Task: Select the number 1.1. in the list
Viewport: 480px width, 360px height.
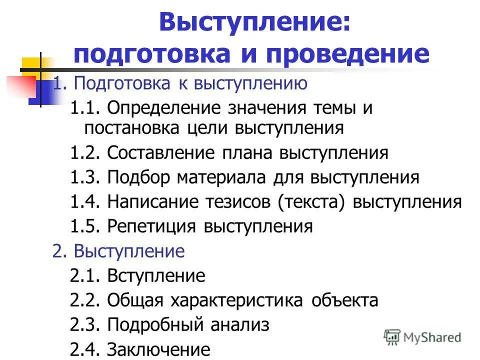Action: pyautogui.click(x=86, y=108)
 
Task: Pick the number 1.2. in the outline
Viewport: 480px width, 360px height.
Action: pyautogui.click(x=86, y=152)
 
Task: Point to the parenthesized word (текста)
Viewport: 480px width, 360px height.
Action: pyautogui.click(x=314, y=201)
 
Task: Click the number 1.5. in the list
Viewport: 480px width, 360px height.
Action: pyautogui.click(x=86, y=226)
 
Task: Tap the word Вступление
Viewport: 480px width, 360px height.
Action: pyautogui.click(x=156, y=275)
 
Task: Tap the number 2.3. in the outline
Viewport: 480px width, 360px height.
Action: pyautogui.click(x=86, y=325)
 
